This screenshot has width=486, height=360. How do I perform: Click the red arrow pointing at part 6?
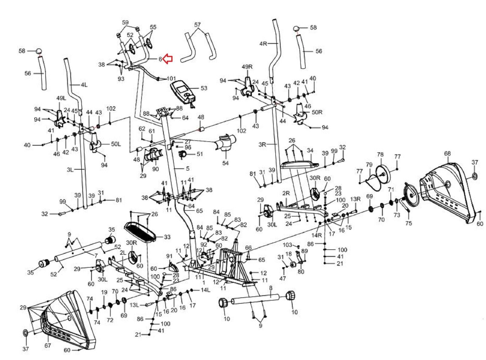[x=168, y=59]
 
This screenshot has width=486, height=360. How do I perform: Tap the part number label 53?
[x=204, y=88]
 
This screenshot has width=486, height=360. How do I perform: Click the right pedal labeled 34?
[x=299, y=164]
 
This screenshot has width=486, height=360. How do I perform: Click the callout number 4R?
[x=263, y=43]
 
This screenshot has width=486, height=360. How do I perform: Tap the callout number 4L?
[x=84, y=85]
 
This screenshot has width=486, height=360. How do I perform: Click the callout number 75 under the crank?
[x=409, y=223]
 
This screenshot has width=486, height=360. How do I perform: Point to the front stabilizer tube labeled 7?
[x=79, y=250]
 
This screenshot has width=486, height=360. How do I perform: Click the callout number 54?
[x=225, y=163]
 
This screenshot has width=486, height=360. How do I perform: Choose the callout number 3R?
[x=262, y=144]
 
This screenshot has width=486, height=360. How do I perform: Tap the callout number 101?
[x=171, y=78]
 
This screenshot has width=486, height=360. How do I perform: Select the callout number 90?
[x=156, y=169]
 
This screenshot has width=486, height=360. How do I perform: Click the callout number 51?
[x=200, y=154]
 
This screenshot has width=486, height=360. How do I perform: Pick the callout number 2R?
[x=286, y=193]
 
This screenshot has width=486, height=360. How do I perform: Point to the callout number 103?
[x=287, y=245]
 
